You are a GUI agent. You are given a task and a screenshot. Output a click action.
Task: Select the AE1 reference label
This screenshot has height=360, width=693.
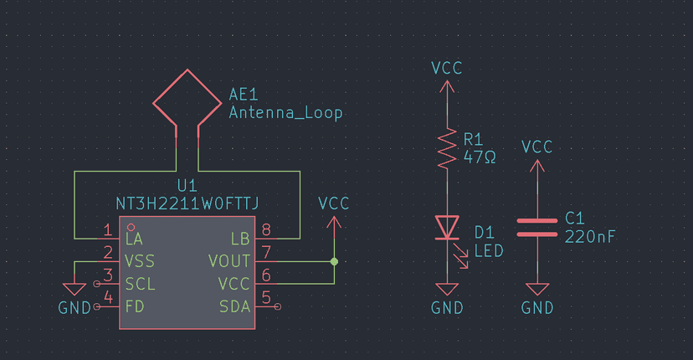[244, 95]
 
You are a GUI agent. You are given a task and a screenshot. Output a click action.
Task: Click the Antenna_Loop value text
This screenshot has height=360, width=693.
[285, 113]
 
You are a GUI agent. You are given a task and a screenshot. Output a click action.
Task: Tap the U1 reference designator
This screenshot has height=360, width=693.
[187, 184]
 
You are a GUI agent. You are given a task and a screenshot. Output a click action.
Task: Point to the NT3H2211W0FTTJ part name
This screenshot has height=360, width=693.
[187, 203]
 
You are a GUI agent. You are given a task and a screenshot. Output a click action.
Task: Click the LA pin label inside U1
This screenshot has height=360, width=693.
[133, 239]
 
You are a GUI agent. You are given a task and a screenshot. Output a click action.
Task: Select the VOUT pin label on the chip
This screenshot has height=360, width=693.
[228, 261]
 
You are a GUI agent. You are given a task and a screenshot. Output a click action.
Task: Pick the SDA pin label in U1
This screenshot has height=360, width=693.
[234, 306]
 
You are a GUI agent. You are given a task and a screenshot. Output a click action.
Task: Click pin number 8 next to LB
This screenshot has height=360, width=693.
[266, 230]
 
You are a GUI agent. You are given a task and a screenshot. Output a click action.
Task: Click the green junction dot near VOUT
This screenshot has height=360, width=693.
[334, 261]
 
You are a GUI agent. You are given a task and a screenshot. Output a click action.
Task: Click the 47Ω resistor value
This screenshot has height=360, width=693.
[479, 157]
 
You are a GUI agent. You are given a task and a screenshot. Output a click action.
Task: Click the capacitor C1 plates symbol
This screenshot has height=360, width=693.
[536, 228]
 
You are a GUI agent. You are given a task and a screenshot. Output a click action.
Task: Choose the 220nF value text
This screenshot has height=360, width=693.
[590, 237]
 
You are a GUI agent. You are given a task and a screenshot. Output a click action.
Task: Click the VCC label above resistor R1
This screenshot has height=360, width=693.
[446, 68]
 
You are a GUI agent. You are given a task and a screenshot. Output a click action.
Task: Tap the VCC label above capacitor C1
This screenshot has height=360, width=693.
[536, 147]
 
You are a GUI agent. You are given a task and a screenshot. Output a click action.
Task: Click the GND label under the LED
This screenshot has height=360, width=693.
[447, 307]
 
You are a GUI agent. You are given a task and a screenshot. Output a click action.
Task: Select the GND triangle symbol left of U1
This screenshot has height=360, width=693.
[74, 289]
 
